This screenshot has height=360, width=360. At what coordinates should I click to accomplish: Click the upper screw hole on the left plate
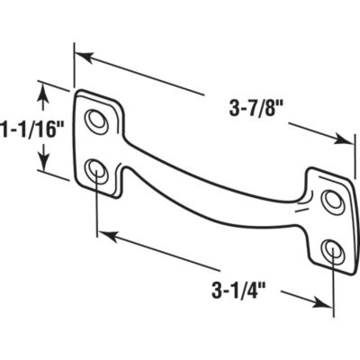pos(94,119)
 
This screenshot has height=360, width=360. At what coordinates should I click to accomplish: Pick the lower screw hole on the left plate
pos(95,169)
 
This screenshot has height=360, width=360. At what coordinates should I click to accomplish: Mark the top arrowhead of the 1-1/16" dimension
pos(40,86)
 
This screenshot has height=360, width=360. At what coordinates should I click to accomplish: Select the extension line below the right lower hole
pos(334,288)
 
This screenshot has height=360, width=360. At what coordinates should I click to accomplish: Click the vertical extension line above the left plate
pos(74,67)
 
